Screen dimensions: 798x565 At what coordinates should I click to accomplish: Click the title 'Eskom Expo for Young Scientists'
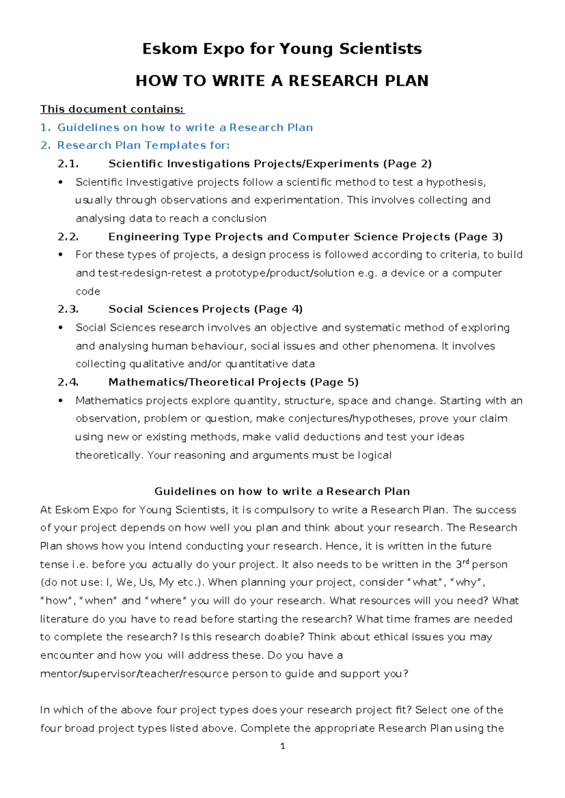282,49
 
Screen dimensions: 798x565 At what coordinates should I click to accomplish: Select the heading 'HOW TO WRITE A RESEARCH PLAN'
282,81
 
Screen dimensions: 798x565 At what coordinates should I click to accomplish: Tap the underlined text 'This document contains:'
112,109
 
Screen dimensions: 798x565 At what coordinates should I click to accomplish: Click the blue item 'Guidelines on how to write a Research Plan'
185,128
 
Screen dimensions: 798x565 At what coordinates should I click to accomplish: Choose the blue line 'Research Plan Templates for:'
143,145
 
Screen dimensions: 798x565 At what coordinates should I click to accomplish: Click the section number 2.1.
68,164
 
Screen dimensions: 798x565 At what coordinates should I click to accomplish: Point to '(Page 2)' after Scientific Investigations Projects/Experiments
407,164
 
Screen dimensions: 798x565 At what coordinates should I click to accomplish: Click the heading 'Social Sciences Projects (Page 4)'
205,309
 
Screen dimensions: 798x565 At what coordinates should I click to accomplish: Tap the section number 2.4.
68,382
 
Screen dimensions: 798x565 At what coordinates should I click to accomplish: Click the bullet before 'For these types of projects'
60,255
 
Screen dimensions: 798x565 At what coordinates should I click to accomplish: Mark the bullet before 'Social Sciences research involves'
60,328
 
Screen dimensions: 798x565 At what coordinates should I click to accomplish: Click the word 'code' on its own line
88,292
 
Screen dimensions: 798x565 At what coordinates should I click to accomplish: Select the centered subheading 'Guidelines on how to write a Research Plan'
282,492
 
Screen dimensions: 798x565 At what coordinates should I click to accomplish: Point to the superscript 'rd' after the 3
466,561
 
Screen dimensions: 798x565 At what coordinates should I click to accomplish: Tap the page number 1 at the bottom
282,746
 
